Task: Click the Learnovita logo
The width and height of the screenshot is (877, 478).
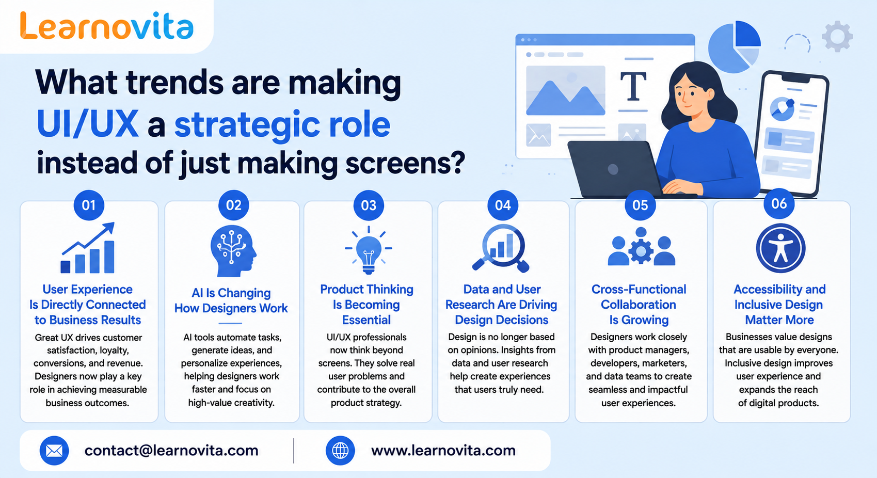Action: pyautogui.click(x=106, y=26)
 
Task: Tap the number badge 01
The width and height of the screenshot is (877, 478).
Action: pyautogui.click(x=89, y=205)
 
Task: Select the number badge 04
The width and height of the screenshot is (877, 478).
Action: pyautogui.click(x=503, y=205)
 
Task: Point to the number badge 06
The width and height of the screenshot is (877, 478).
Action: pyautogui.click(x=779, y=203)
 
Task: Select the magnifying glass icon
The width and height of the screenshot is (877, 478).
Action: pyautogui.click(x=501, y=248)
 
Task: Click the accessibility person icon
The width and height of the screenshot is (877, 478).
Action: pyautogui.click(x=780, y=248)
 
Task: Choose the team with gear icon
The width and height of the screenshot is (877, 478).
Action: pyautogui.click(x=641, y=247)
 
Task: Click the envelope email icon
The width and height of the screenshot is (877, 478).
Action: pyautogui.click(x=54, y=451)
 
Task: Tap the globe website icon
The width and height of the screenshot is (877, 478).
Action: pyautogui.click(x=340, y=451)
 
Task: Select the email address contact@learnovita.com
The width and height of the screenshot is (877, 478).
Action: pyautogui.click(x=171, y=451)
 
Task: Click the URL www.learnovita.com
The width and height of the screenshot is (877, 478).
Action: pyautogui.click(x=443, y=451)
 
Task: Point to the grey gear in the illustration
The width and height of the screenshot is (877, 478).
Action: pyautogui.click(x=837, y=37)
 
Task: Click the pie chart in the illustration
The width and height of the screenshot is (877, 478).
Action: pyautogui.click(x=735, y=47)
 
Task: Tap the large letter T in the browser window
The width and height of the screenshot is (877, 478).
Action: pyautogui.click(x=633, y=86)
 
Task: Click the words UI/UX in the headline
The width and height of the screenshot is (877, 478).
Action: pyautogui.click(x=88, y=124)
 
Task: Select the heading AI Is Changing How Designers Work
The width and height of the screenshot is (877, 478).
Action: pyautogui.click(x=231, y=300)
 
